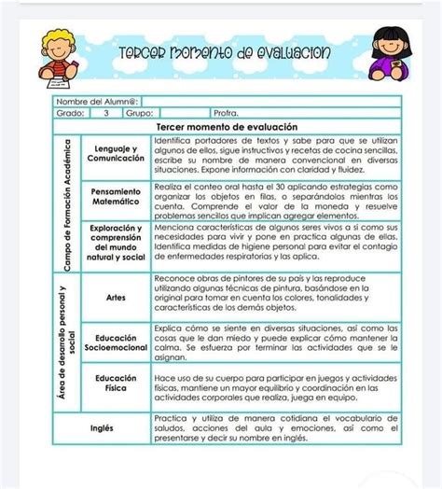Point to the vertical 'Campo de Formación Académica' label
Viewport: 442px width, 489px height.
click(x=68, y=199)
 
